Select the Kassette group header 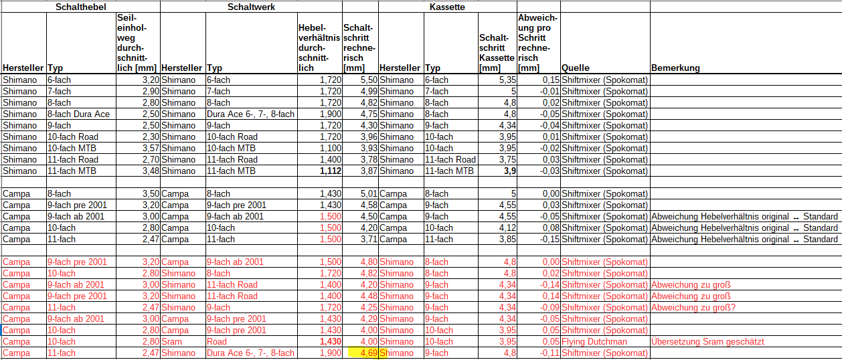tap(446, 6)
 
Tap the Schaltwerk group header tap(251, 6)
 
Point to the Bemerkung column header tap(675, 68)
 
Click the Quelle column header tap(576, 68)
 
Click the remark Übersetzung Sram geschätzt tap(707, 341)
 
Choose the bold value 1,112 tap(330, 171)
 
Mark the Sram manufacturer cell tap(173, 341)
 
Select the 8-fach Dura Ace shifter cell tap(78, 114)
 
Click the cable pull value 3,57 tap(148, 148)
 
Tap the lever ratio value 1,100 tap(330, 148)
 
